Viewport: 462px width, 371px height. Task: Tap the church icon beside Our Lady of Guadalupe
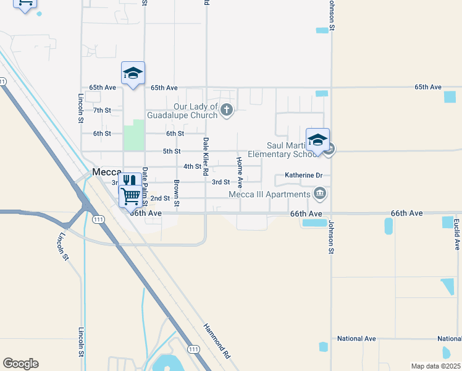tap(227, 111)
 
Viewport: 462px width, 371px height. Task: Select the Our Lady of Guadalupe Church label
tap(182, 111)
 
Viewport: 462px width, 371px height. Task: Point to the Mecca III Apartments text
tap(269, 195)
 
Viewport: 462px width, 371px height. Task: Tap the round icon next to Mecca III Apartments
tap(320, 195)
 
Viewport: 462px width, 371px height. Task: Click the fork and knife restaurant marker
tap(128, 182)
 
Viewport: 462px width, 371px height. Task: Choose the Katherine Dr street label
tap(304, 176)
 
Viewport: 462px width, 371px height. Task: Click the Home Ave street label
tap(238, 169)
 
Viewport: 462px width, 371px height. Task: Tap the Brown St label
tap(177, 193)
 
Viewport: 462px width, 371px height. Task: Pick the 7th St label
tap(102, 110)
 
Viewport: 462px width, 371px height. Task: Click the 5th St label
tap(171, 151)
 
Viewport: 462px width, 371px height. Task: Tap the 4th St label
tap(192, 166)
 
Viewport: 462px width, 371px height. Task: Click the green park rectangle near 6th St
tap(134, 135)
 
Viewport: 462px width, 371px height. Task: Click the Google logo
tap(20, 364)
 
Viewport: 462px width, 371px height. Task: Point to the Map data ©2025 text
tap(435, 366)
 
